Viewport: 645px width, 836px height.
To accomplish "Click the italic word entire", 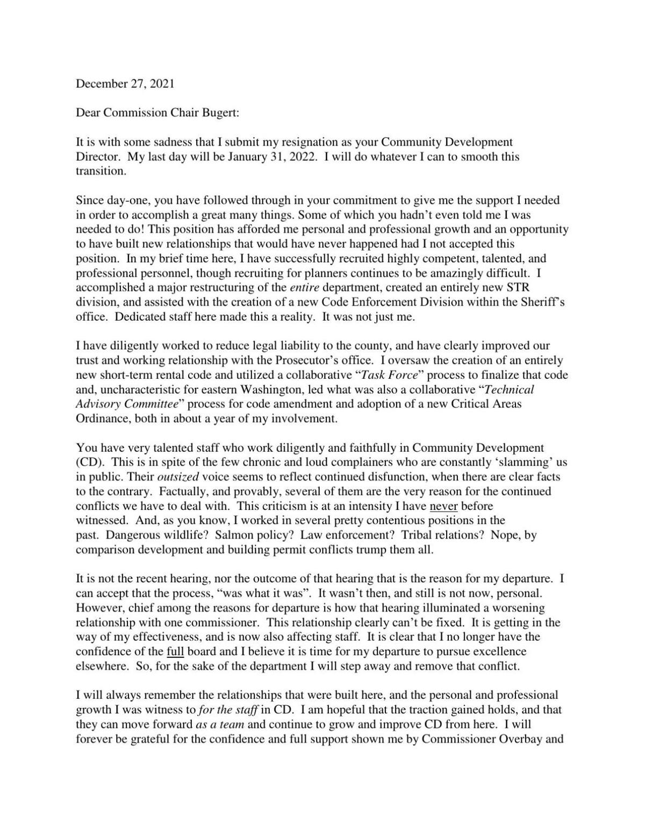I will (x=297, y=287).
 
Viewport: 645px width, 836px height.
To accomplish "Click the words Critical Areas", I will (x=487, y=404).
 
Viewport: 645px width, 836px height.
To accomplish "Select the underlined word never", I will (x=443, y=506).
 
